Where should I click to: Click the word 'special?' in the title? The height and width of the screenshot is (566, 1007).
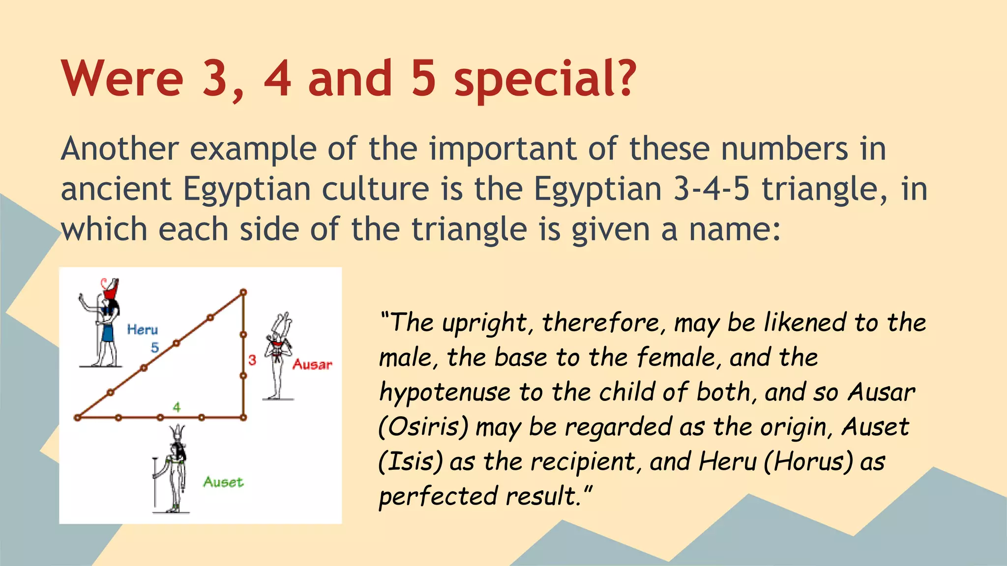pos(545,80)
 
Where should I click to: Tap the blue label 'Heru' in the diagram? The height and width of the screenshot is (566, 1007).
pos(142,330)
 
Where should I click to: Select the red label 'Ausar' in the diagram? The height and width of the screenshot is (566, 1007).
pos(312,365)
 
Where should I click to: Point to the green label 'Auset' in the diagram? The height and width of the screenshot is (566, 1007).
pos(223,482)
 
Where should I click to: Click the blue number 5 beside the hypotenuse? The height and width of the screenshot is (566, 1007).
pos(155,348)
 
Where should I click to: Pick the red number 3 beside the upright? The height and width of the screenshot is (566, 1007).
pos(252,360)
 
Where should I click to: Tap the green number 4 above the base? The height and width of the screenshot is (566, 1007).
pos(177,407)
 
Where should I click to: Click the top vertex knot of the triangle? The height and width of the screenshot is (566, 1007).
pos(243,292)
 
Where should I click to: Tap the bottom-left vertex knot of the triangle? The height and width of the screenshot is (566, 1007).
pos(77,418)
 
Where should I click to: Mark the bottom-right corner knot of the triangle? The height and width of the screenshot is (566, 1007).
pos(243,418)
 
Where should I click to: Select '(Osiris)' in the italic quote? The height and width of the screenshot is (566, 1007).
pos(423,427)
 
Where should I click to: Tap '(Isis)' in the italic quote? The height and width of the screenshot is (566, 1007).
pos(411,462)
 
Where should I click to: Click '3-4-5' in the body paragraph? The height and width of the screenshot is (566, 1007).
pos(711,189)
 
